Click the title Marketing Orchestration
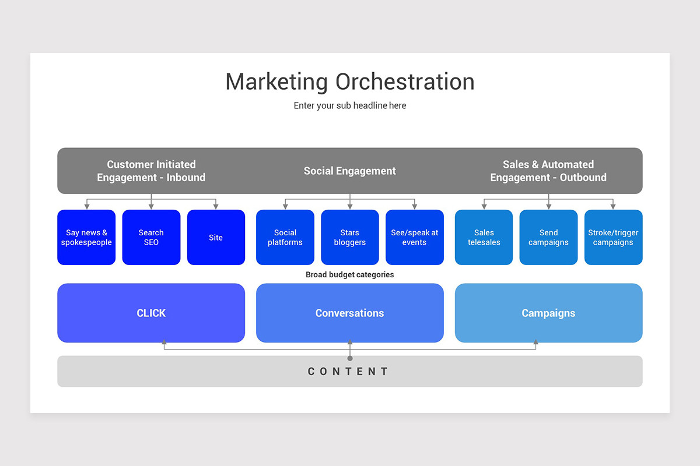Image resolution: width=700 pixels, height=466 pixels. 350,82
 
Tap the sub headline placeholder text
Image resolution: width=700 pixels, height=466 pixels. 350,106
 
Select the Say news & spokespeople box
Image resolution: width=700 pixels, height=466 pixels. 86,237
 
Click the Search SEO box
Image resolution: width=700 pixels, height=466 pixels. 151,237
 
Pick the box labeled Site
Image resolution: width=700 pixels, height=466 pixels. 216,237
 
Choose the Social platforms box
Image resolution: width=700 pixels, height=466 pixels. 285,237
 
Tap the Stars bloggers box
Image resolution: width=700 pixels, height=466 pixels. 350,237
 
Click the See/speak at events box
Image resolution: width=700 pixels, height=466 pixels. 415,237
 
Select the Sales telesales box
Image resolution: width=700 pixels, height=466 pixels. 484,237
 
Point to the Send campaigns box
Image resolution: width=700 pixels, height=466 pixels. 548,237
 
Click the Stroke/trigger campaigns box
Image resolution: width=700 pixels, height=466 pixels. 613,237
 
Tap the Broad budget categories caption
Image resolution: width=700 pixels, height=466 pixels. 350,274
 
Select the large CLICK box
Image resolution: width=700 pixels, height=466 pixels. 151,313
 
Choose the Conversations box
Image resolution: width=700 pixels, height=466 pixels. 350,313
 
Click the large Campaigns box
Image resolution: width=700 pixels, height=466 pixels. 548,313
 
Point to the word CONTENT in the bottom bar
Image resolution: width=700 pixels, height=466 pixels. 348,372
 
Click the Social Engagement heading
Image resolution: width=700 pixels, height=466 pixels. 350,171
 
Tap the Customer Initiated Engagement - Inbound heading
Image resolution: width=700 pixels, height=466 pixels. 151,171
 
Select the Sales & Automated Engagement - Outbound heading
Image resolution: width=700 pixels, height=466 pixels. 548,171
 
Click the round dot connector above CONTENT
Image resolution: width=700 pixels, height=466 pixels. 350,358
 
